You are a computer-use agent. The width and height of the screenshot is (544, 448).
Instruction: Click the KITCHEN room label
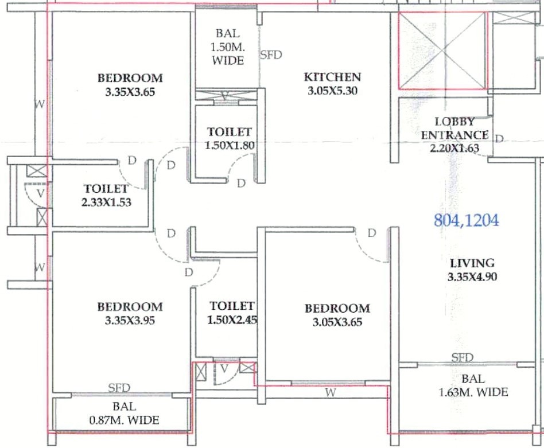[332, 77]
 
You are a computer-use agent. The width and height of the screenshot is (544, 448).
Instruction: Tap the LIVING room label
[472, 263]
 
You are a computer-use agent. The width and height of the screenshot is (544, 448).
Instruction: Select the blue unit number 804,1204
[467, 220]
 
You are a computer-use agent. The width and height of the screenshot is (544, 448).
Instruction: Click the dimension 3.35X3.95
[130, 321]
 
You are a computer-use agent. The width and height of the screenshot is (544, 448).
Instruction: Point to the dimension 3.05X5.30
[332, 91]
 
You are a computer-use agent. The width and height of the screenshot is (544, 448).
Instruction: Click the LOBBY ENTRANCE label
[455, 128]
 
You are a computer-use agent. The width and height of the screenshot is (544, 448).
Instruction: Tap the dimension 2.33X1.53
[107, 202]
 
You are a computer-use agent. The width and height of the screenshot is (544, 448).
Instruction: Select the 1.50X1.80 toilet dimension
[230, 146]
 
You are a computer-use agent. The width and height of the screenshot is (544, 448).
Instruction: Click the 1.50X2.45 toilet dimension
[232, 320]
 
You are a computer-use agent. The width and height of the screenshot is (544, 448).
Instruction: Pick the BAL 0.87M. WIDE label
[124, 414]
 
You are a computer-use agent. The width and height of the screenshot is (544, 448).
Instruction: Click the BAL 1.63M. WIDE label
[473, 385]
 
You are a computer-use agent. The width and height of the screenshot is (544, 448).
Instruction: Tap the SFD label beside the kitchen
[271, 55]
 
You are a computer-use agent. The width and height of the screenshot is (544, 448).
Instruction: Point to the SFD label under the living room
[462, 357]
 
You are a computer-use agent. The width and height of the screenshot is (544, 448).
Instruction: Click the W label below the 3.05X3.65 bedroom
[331, 392]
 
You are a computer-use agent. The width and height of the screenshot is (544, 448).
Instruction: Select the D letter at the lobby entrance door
[499, 139]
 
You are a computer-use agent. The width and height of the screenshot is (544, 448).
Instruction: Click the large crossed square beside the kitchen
[443, 50]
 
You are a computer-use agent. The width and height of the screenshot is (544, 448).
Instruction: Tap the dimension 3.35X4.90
[472, 276]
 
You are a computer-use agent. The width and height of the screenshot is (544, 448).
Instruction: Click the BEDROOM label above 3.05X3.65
[337, 309]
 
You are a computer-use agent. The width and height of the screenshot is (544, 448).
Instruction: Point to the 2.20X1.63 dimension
[455, 149]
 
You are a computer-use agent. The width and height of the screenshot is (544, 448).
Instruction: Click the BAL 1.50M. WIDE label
[228, 47]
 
